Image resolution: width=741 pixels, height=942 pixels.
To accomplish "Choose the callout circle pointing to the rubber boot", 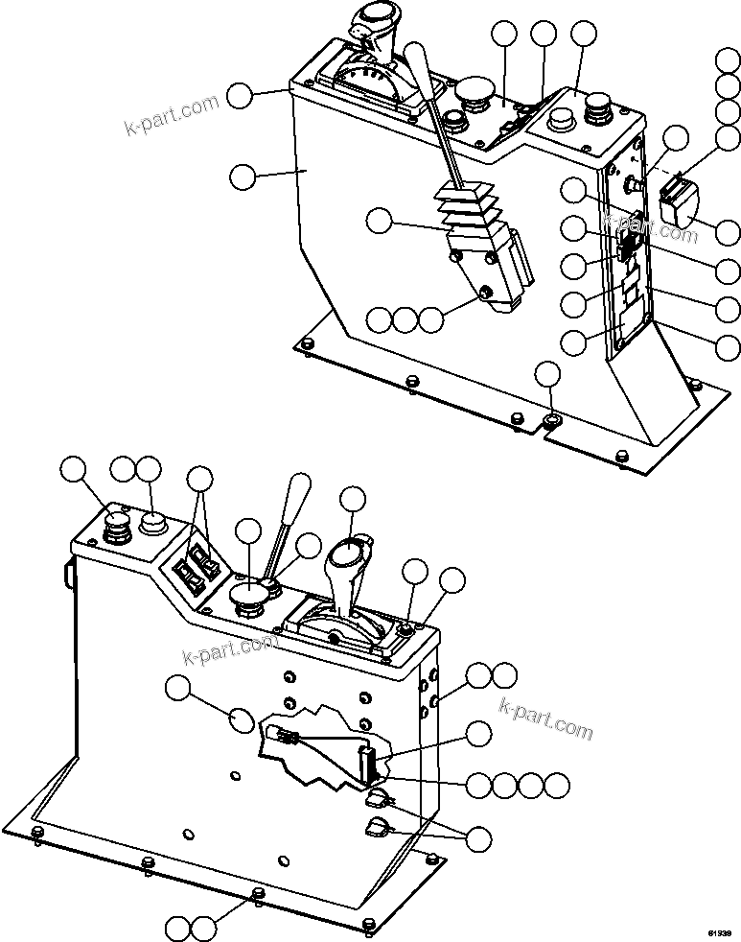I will pos(380,222).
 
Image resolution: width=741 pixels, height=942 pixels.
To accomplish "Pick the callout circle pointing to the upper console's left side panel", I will pos(243,176).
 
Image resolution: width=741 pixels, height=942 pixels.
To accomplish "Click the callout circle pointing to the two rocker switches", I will pos(199,480).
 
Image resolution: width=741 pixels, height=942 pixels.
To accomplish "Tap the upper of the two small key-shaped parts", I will pos(377,795).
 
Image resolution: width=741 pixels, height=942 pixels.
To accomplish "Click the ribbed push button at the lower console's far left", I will pos(117,525).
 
